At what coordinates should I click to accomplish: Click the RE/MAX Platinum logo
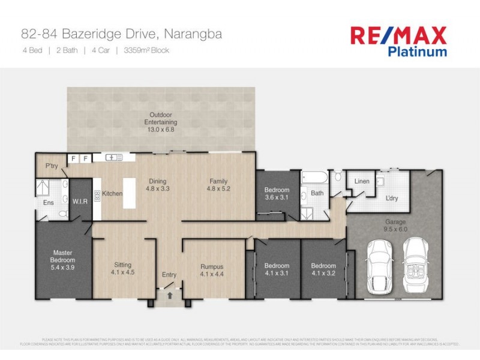coord(398,41)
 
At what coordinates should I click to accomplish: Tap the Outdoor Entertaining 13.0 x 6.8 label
coord(160,122)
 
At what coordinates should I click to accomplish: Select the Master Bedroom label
coord(63,260)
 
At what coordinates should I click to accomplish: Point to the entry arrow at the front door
coord(170,295)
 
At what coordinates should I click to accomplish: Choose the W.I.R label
coord(80,201)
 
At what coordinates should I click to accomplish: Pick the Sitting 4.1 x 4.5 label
coord(122,268)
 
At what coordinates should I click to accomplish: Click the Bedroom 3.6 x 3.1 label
coord(277,194)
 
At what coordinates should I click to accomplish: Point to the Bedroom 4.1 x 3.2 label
coord(322,269)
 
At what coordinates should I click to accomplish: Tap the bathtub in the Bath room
coord(314,178)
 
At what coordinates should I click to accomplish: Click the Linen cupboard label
coord(362,181)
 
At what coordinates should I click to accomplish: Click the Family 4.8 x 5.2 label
coord(220,184)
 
